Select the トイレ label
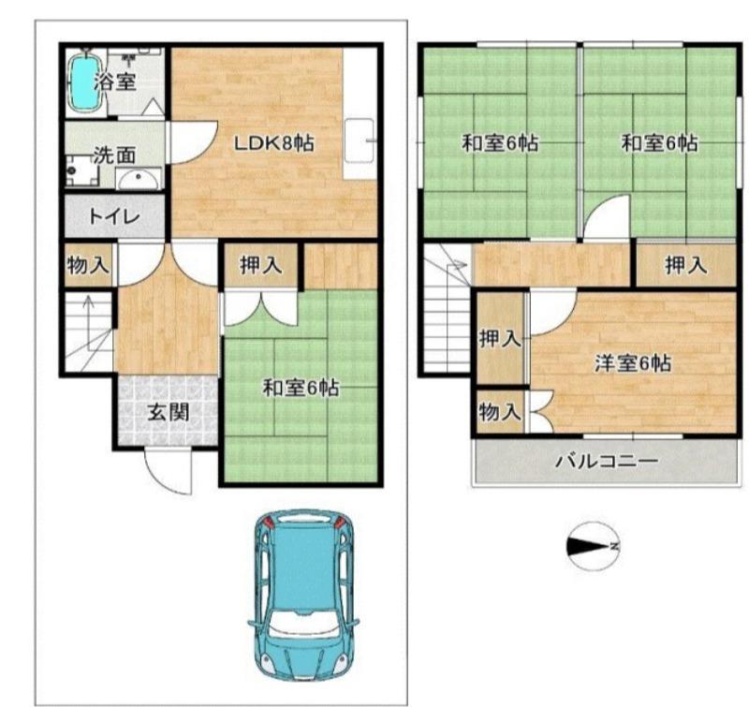114,217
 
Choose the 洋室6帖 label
634,363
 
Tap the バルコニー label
606,461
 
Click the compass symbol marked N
592,545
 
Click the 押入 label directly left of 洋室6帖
499,339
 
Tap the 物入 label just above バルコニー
499,411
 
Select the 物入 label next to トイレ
88,266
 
